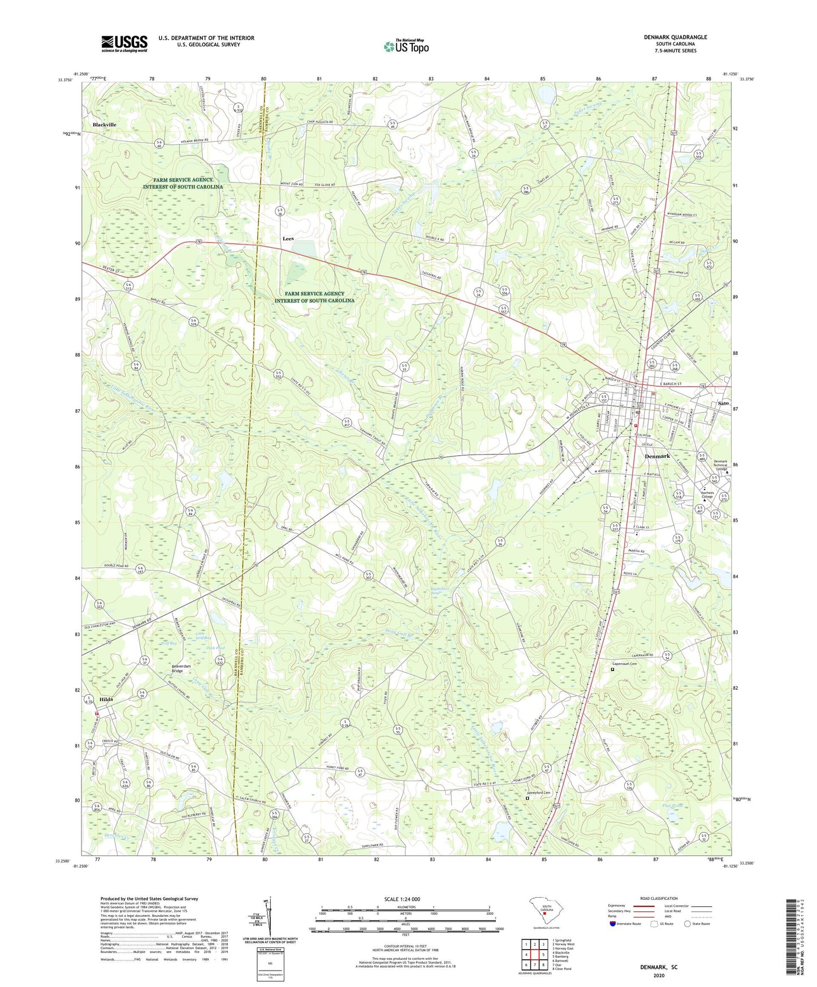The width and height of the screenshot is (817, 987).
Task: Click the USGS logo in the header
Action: (x=124, y=44)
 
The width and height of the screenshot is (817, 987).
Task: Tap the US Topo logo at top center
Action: (x=405, y=46)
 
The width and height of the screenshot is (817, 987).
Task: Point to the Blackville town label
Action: (x=105, y=124)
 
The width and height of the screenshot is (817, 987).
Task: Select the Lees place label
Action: (x=288, y=239)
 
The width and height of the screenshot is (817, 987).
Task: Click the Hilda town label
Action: (x=106, y=699)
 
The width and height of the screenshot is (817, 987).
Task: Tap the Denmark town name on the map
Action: (x=657, y=456)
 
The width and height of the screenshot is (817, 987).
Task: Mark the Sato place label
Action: (x=722, y=404)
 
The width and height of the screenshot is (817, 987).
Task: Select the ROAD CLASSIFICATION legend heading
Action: (x=659, y=898)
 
